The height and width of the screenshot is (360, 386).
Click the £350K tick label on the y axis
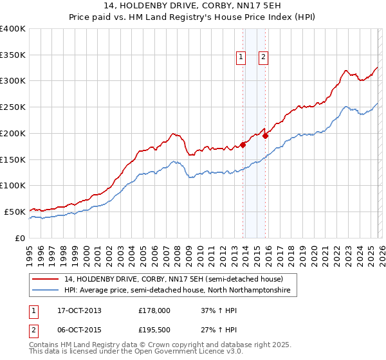coord(13,55)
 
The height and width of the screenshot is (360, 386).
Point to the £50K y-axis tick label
coord(15,212)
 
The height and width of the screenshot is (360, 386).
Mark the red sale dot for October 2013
coord(243,145)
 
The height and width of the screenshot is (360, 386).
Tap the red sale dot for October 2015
coord(266,136)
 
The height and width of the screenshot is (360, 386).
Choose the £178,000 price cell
coord(154,310)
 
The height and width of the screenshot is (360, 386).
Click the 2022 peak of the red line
coord(346,71)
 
